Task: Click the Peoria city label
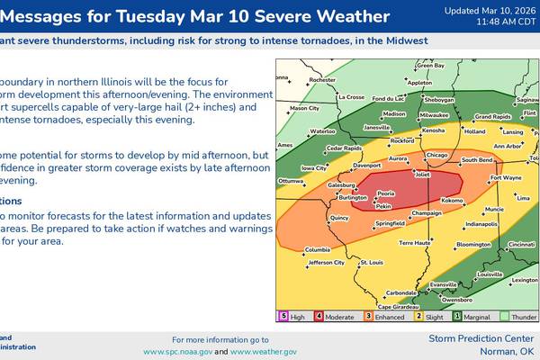coord(385,193)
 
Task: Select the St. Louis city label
coord(372,262)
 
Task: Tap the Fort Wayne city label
coord(505,178)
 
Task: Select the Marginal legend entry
coord(477,316)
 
